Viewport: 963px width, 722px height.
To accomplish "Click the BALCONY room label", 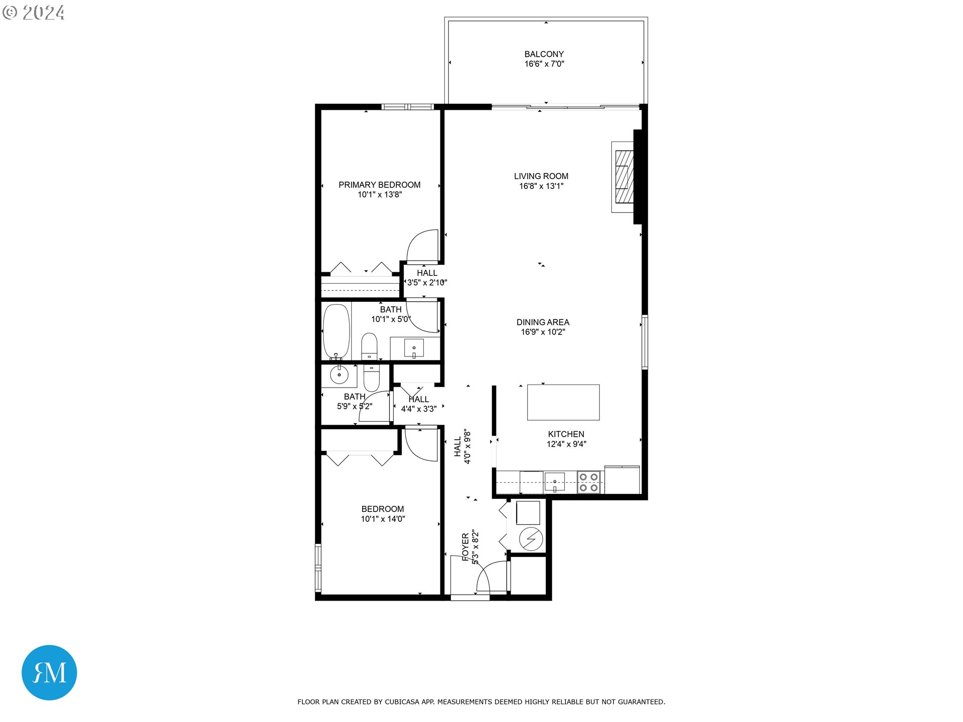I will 544,54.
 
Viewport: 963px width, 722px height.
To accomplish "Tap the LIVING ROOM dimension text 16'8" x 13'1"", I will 541,186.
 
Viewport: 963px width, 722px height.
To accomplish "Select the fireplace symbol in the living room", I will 623,177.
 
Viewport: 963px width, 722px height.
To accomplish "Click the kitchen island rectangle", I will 563,402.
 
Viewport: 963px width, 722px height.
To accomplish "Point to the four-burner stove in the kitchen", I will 588,482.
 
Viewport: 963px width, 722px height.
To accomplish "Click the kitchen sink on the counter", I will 554,482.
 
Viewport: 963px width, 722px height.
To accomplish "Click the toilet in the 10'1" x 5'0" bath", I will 369,346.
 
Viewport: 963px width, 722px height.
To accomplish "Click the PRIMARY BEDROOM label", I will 379,185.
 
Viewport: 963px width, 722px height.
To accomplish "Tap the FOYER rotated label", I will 465,547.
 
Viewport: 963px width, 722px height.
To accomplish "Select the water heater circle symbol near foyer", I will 530,539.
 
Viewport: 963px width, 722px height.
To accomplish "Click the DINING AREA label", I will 543,322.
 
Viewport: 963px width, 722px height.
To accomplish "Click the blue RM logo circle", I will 49,672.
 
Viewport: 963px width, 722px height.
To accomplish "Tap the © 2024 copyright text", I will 34,13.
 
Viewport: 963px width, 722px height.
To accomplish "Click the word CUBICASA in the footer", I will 402,702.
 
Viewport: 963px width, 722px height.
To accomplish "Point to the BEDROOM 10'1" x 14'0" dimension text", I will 383,519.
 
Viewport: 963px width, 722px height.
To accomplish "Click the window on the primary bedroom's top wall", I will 407,107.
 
